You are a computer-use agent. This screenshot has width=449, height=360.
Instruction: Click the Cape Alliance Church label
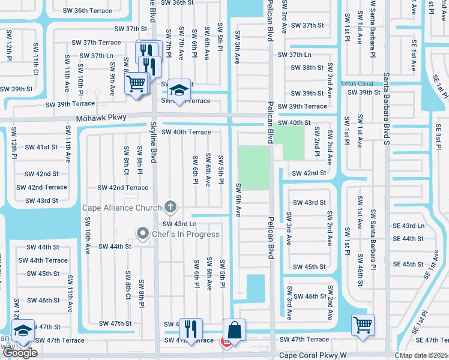(122, 208)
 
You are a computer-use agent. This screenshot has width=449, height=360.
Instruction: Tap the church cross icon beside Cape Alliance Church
(170, 208)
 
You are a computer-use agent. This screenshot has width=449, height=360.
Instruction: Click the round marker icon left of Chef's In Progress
(143, 233)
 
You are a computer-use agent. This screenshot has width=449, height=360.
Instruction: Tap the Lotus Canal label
(358, 83)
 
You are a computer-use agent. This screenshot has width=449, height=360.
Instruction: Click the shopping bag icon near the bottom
(234, 329)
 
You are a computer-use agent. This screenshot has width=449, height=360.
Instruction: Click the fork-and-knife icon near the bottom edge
(191, 329)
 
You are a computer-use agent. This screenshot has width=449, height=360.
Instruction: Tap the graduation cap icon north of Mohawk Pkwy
(178, 90)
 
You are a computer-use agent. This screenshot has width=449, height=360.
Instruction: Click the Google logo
(20, 353)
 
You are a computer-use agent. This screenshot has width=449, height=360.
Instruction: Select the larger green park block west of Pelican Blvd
(254, 167)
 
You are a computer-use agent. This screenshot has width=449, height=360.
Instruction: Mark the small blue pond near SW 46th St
(255, 288)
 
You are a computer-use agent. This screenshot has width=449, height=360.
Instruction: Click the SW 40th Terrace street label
(187, 132)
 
